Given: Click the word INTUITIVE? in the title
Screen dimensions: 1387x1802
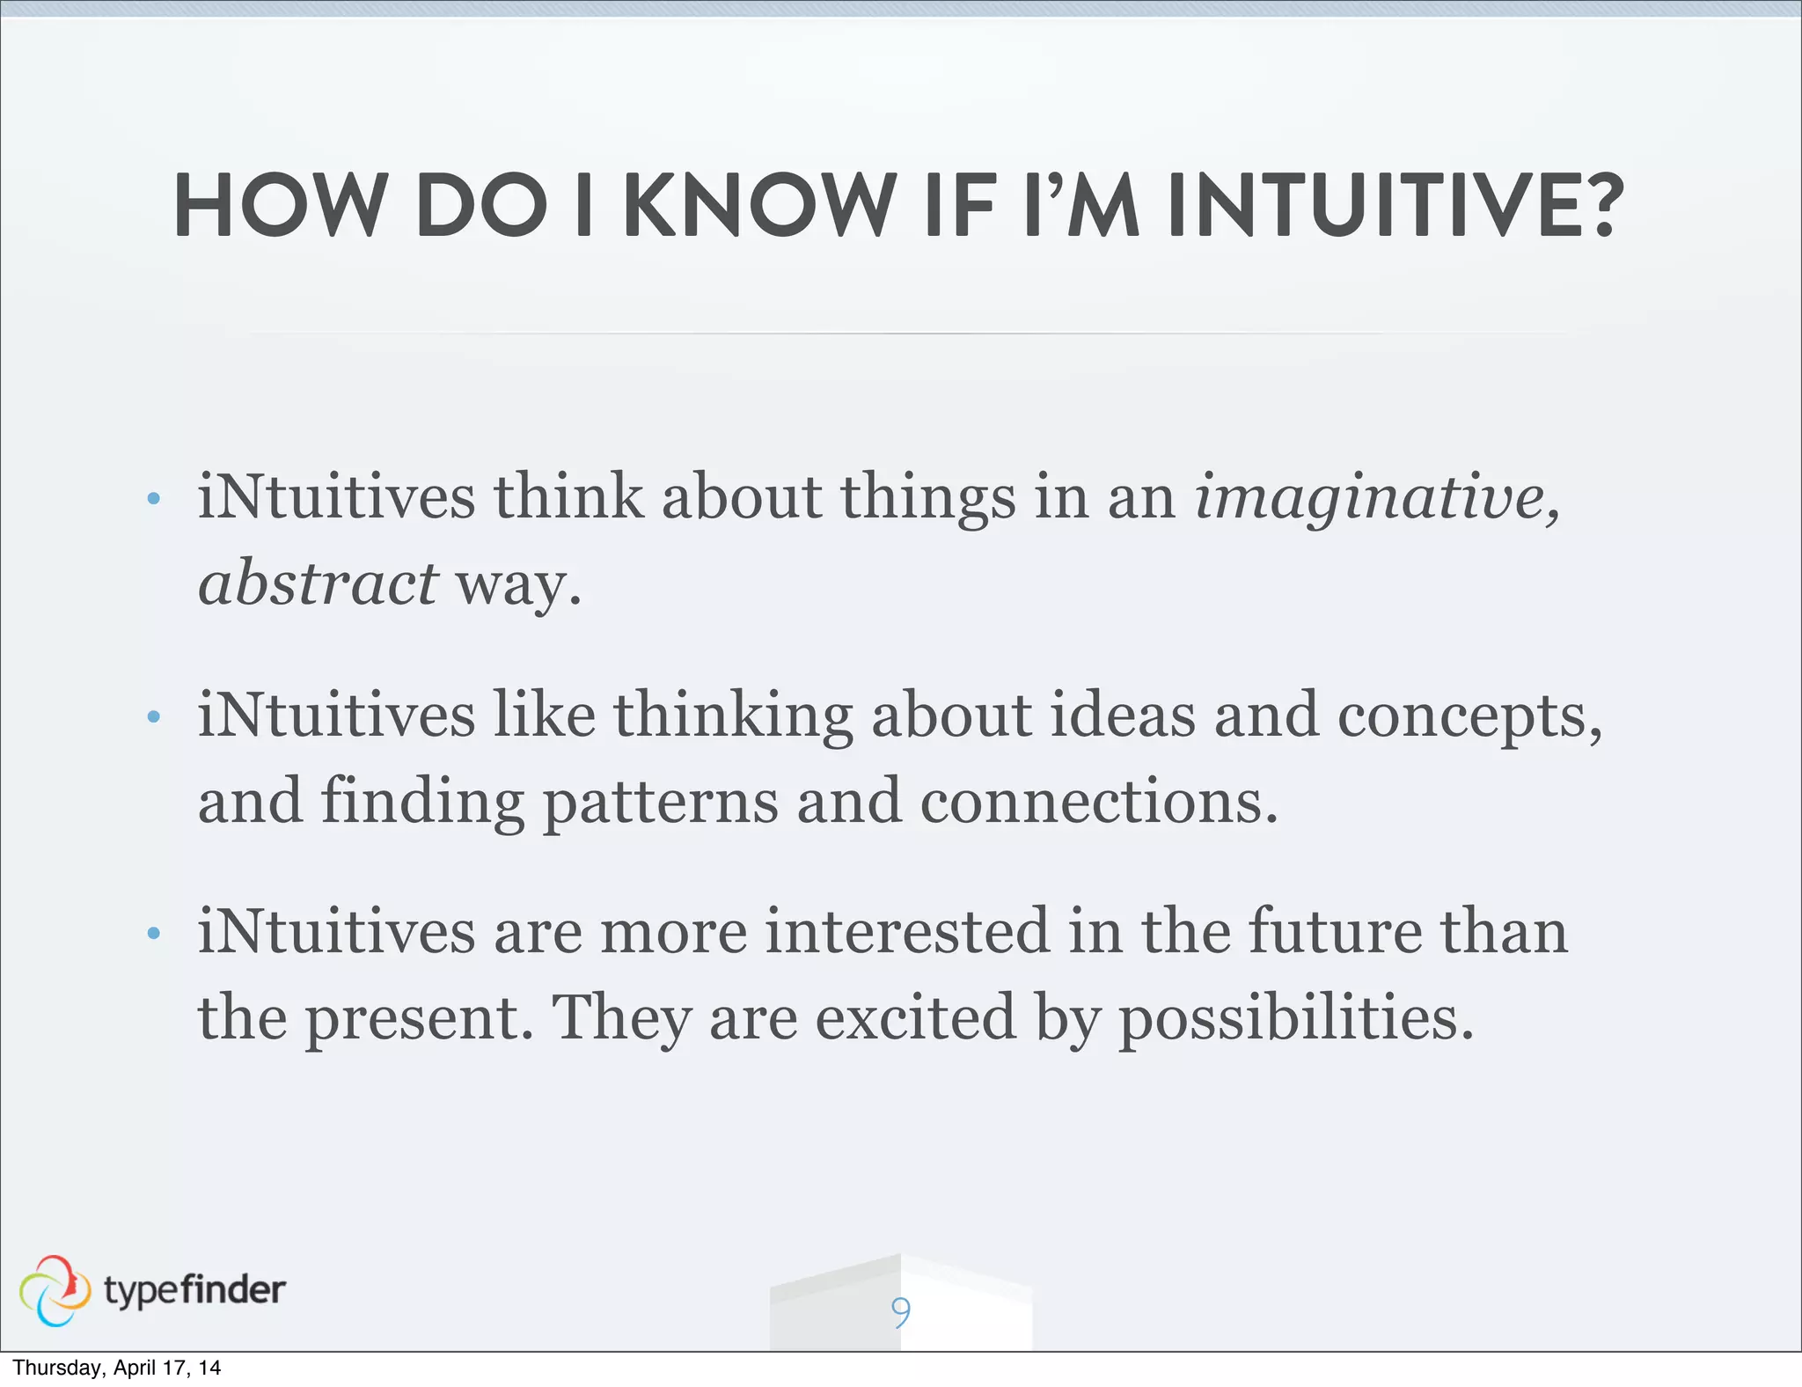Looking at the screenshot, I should tap(1395, 206).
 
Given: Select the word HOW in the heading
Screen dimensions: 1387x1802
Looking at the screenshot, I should tap(280, 206).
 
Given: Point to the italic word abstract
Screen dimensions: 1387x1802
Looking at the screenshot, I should tap(318, 583).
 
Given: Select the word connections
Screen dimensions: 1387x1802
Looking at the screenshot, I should tap(1098, 801).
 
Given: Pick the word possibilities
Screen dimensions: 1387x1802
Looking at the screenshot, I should tap(1295, 1018).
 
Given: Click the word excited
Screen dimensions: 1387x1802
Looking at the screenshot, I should tap(916, 1016).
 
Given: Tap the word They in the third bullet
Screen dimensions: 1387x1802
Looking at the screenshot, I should tap(620, 1018).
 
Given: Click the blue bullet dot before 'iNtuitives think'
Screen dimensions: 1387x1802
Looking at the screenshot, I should tap(154, 499).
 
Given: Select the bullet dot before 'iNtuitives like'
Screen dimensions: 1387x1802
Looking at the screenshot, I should tap(154, 716).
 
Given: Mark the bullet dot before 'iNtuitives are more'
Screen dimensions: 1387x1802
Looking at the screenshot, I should tap(154, 933).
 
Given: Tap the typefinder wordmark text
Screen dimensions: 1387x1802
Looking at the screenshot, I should tap(194, 1291).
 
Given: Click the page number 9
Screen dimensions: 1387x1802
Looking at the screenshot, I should tap(900, 1312).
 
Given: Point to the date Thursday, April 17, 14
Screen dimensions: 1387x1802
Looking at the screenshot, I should tap(116, 1368).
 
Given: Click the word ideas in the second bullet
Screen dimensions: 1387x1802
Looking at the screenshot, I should tap(1123, 714).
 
